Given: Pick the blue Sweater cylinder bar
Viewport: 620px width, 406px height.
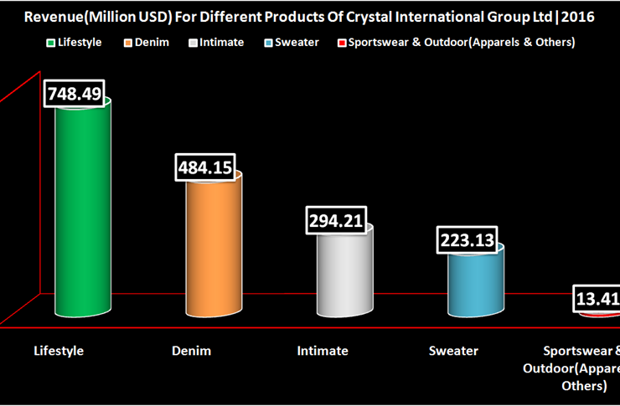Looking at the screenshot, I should pos(475,280).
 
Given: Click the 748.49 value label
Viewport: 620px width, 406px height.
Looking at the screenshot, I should pos(75,95).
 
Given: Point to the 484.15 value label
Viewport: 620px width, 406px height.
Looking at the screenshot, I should pos(205,167).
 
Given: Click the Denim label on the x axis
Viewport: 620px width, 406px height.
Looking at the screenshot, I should pos(191,351).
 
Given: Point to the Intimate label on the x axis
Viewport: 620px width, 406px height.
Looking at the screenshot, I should pos(323,351).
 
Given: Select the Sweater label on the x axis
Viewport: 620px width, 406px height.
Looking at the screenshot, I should pos(454,351).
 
